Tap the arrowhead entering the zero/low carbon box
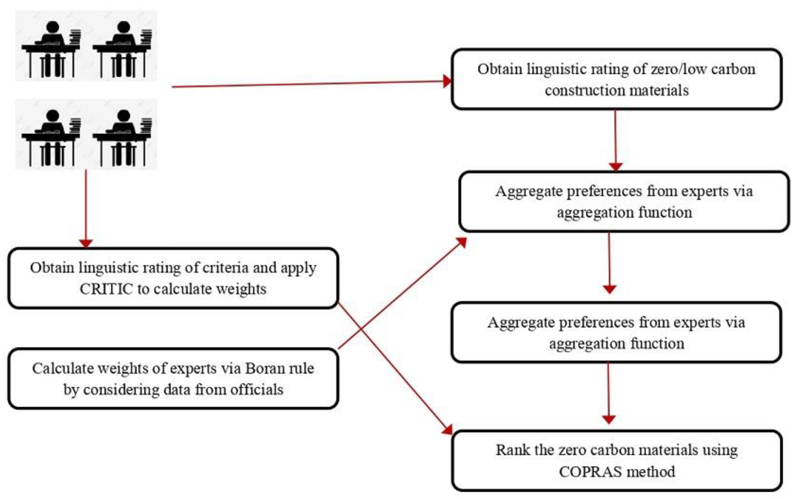(x=447, y=81)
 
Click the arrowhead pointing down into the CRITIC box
(x=86, y=244)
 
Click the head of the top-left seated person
(x=52, y=27)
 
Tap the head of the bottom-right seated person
(x=123, y=115)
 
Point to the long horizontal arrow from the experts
(x=307, y=84)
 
